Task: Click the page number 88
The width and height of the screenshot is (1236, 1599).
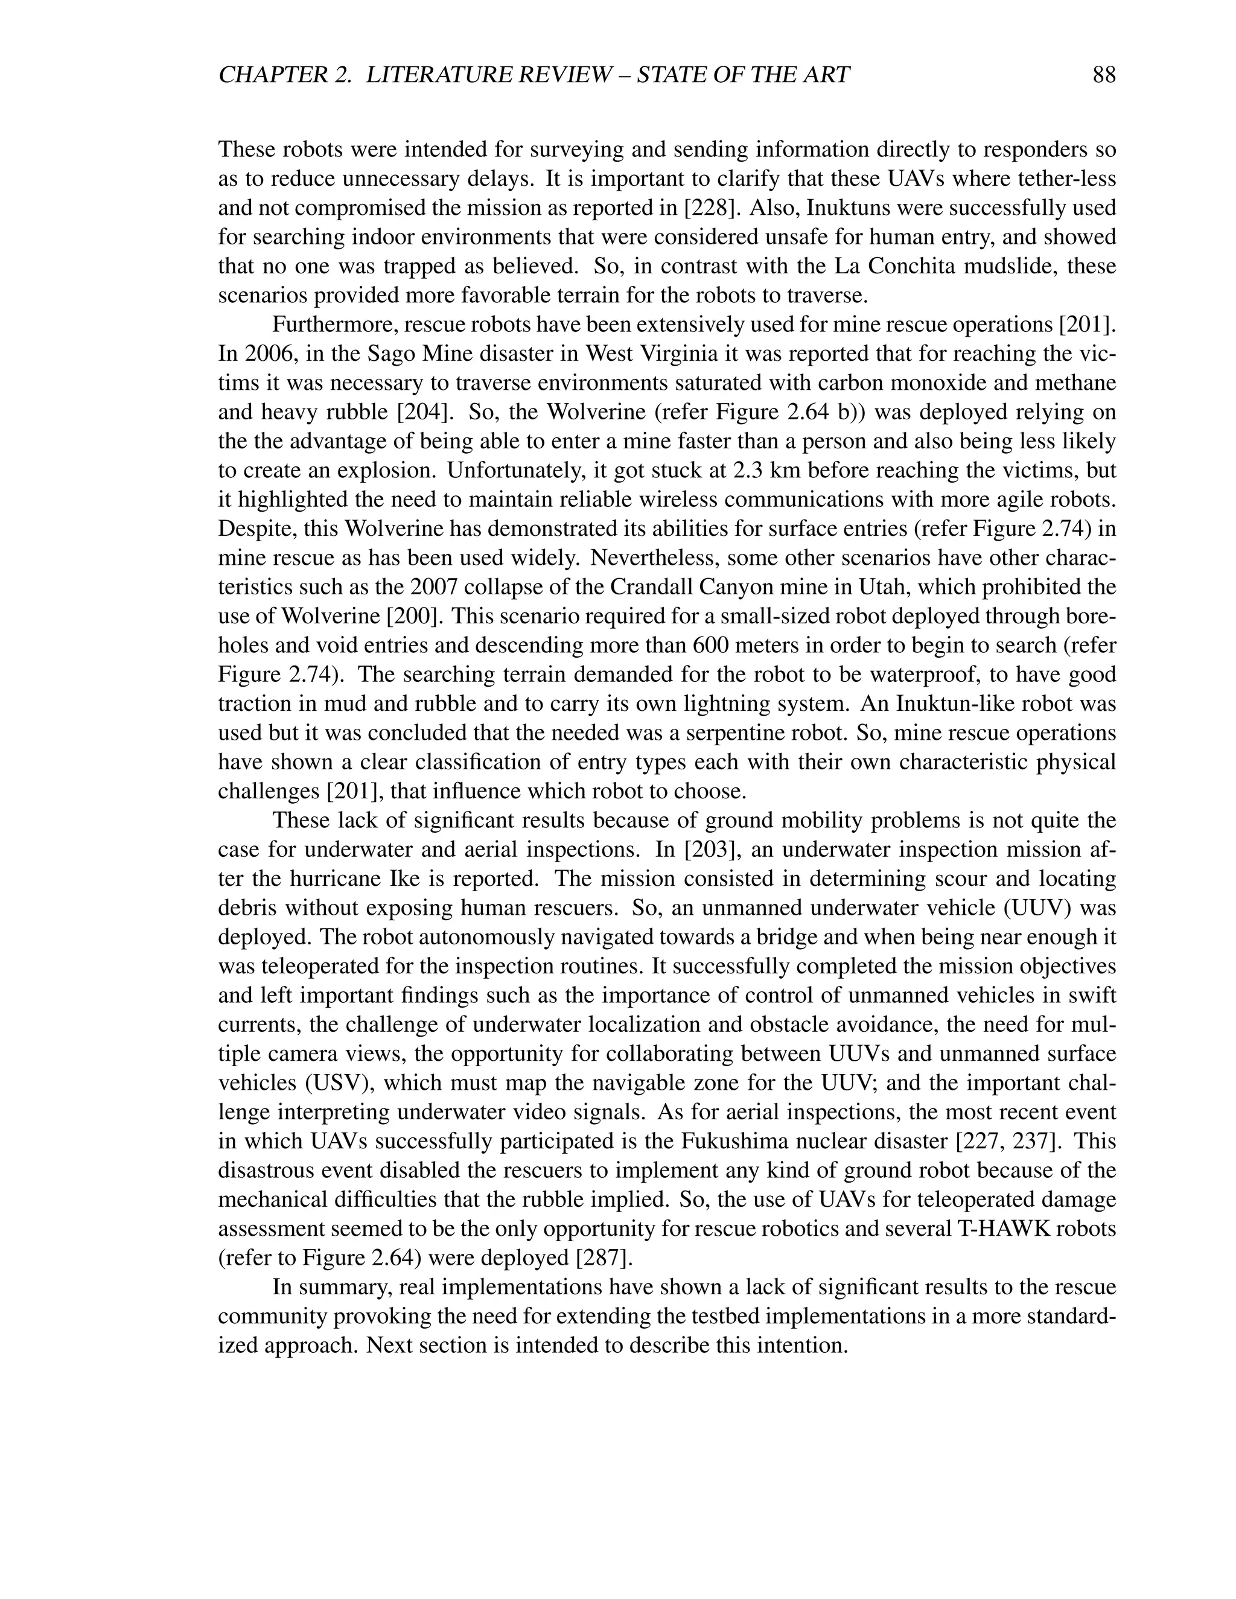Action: coord(1103,75)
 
